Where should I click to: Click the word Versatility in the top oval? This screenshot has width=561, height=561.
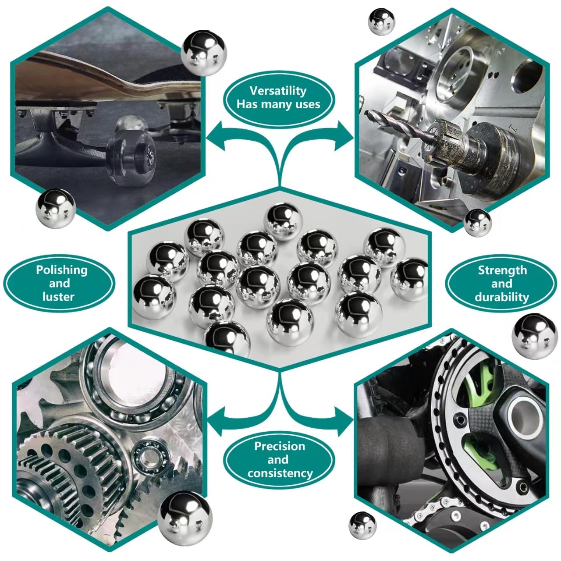[278, 91]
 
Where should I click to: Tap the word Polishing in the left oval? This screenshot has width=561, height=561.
[62, 270]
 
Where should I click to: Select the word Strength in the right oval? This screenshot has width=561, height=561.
[502, 270]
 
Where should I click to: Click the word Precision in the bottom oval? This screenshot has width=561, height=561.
[280, 446]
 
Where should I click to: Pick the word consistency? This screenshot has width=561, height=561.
[280, 473]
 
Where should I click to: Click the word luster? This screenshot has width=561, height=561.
[58, 297]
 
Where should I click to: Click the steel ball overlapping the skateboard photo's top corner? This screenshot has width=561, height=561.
[203, 53]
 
